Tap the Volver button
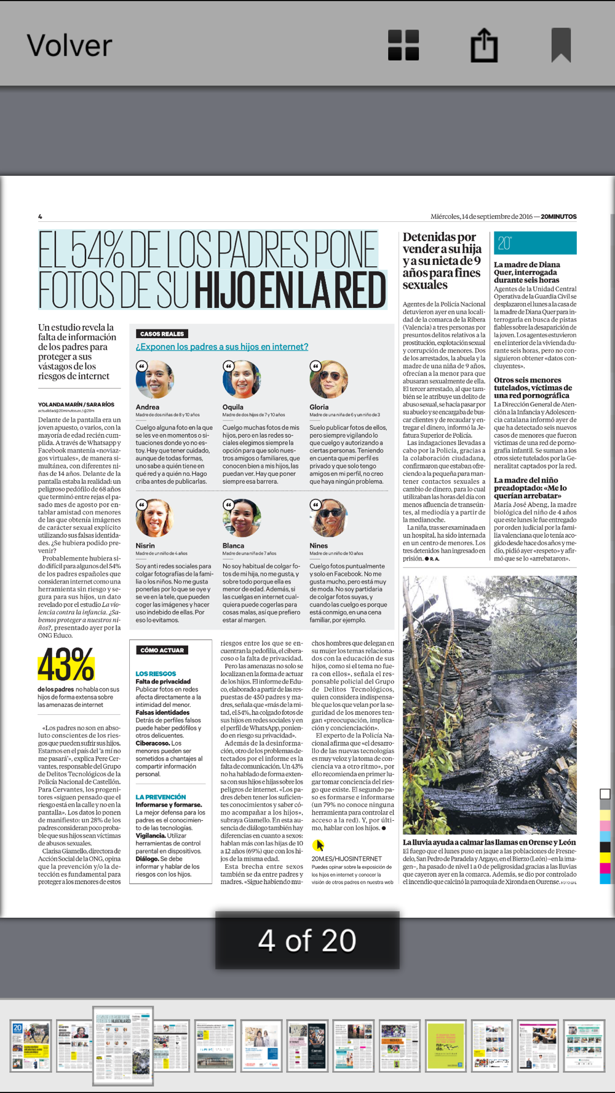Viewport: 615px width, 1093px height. pos(69,45)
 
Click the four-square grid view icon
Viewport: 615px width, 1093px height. pos(403,45)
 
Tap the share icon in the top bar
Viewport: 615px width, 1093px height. pos(484,45)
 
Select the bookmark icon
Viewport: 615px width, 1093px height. pos(561,45)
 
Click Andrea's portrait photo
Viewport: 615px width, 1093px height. pos(154,379)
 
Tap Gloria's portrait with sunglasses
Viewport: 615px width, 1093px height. pos(328,379)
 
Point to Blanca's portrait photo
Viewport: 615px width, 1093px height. pos(242,518)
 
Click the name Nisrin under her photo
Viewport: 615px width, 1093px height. pos(145,545)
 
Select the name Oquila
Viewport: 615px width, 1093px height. pos(233,407)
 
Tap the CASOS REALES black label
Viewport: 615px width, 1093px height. pos(162,334)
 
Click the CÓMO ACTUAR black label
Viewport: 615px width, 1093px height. pos(162,650)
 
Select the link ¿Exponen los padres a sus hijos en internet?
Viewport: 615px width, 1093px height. pos(222,347)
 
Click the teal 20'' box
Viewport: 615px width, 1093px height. pos(535,243)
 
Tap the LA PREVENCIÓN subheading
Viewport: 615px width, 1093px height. pos(161,797)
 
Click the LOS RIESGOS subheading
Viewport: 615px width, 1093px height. pos(156,674)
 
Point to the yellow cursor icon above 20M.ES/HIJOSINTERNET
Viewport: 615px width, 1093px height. pos(318,845)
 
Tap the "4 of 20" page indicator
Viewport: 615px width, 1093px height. pos(307,941)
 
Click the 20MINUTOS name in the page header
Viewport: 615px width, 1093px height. pos(558,216)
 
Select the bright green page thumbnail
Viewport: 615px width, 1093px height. pos(445,1045)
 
